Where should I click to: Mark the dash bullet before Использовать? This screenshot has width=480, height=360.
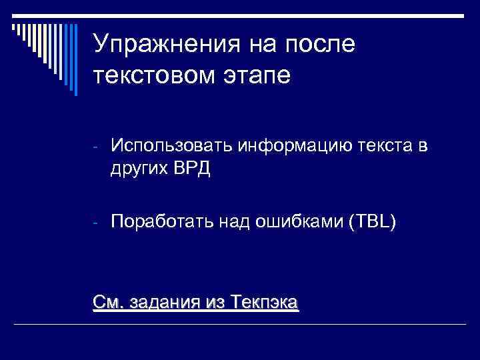click(x=96, y=146)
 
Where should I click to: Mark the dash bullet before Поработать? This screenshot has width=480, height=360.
click(x=96, y=222)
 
